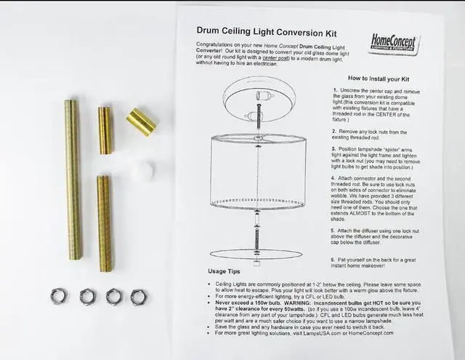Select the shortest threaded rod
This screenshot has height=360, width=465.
(x=106, y=130)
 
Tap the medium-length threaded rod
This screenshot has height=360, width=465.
(x=105, y=223)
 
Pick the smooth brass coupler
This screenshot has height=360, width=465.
(x=140, y=121)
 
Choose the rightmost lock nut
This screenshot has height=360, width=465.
(x=138, y=297)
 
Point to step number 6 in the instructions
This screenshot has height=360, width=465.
(x=334, y=258)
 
